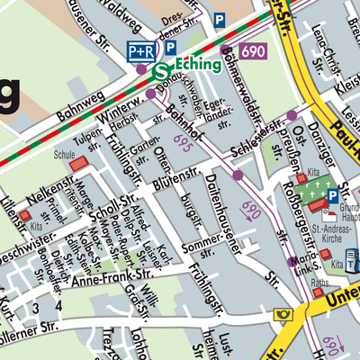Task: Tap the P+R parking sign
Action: click(140, 50)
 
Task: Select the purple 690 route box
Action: click(254, 51)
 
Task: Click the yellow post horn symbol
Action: click(285, 314)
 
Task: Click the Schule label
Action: click(64, 154)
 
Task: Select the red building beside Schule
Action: click(80, 163)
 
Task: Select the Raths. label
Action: click(320, 283)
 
